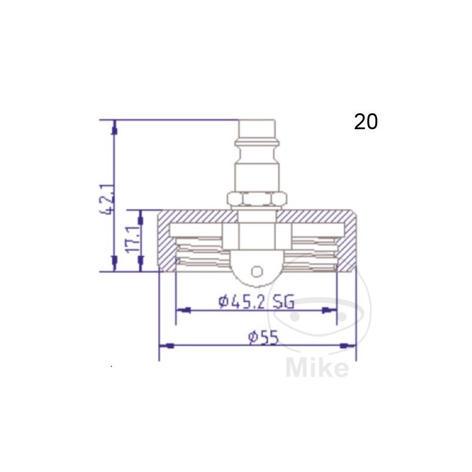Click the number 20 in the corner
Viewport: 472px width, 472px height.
pyautogui.click(x=366, y=122)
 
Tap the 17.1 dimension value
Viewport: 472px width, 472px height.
pyautogui.click(x=134, y=240)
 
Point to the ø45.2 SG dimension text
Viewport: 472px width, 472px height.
pyautogui.click(x=256, y=301)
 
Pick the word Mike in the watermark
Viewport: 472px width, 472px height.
pyautogui.click(x=317, y=368)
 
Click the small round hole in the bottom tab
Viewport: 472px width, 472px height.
pyautogui.click(x=256, y=271)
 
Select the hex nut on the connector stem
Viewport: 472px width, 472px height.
pyautogui.click(x=257, y=200)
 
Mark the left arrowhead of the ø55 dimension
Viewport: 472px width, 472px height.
pyautogui.click(x=165, y=345)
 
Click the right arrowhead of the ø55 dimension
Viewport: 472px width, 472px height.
pyautogui.click(x=350, y=345)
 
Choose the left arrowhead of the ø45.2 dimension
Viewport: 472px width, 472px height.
pyautogui.click(x=182, y=309)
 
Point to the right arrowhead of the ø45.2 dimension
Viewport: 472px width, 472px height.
pyautogui.click(x=331, y=309)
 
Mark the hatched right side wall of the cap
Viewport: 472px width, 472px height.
pyautogui.click(x=348, y=242)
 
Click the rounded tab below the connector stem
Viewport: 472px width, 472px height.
pyautogui.click(x=256, y=265)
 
